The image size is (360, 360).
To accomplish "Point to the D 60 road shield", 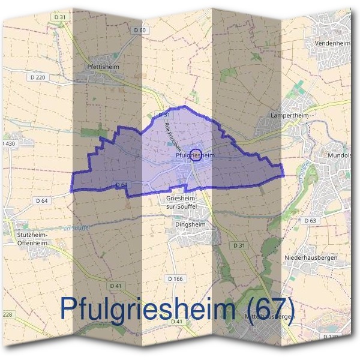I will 140,29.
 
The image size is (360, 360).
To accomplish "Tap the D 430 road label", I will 8,144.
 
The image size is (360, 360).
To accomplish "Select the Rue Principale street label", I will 173,136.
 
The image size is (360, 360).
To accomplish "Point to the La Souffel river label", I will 75,227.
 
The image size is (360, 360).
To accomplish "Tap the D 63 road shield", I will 310,221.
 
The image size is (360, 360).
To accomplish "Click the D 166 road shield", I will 175,279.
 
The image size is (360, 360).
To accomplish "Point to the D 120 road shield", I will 331,337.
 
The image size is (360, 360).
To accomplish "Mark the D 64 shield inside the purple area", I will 120,184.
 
